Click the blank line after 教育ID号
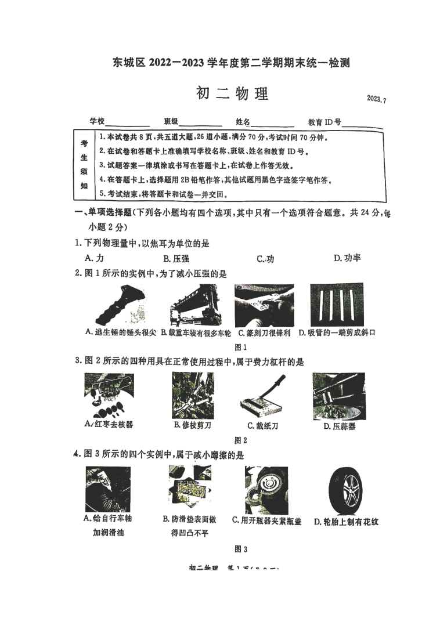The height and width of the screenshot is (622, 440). [x=362, y=125]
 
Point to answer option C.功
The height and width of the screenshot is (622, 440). [x=265, y=259]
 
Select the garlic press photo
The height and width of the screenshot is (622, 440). [x=338, y=396]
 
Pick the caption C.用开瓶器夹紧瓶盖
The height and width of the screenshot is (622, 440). [x=266, y=520]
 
